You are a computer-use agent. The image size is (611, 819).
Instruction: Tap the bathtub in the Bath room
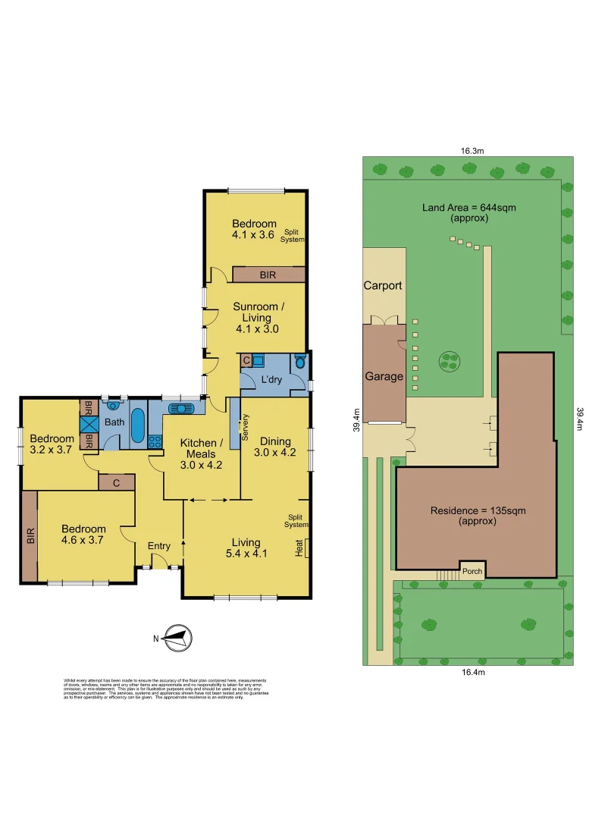click(x=137, y=426)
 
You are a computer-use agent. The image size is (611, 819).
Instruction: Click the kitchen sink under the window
click(x=182, y=408)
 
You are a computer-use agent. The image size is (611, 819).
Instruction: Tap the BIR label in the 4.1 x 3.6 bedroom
click(x=268, y=275)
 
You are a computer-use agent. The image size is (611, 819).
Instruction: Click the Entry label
click(x=159, y=545)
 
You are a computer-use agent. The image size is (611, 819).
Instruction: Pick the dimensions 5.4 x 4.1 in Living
click(x=246, y=554)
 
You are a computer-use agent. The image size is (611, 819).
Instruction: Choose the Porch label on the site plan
click(x=472, y=571)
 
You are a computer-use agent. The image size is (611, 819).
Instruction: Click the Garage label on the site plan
click(x=384, y=376)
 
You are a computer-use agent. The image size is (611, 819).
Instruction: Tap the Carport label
click(x=383, y=286)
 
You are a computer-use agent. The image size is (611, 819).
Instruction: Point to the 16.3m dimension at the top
click(x=472, y=150)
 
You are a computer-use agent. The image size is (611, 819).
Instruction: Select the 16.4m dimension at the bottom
click(x=472, y=672)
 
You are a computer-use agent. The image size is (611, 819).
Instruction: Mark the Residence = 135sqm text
click(x=478, y=510)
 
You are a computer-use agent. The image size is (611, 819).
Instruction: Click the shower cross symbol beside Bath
click(x=89, y=425)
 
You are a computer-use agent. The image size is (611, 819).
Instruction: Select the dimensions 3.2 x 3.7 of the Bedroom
click(x=52, y=450)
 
